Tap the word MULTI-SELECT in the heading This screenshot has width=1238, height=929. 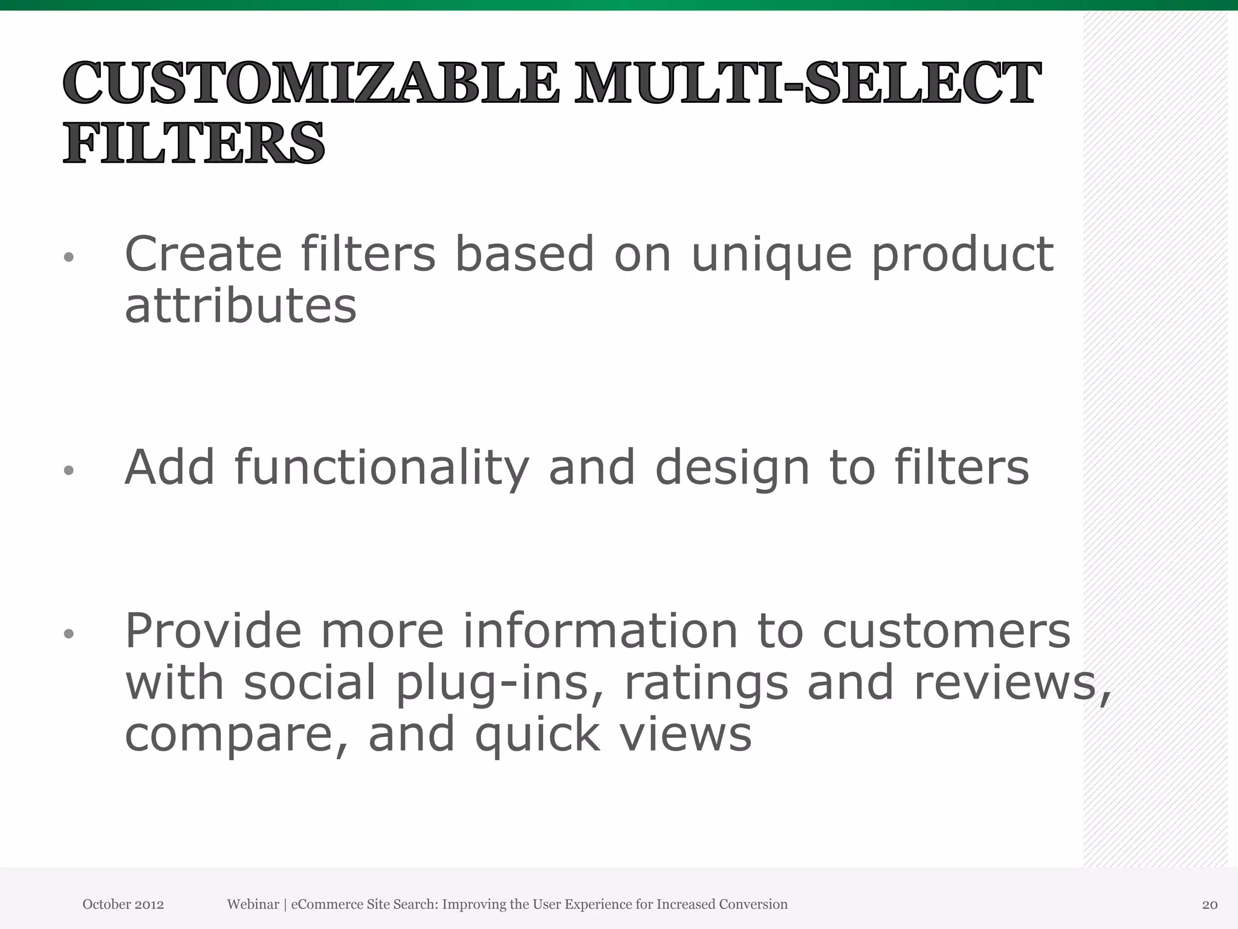click(808, 83)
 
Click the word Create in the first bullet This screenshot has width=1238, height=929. click(203, 254)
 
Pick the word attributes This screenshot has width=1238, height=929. click(241, 305)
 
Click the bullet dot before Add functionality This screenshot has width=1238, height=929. click(69, 471)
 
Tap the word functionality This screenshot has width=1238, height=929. click(381, 468)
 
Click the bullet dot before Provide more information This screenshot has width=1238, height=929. click(69, 634)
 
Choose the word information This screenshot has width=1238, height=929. click(600, 631)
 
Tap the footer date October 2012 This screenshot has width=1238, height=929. click(123, 904)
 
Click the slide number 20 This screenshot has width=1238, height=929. click(1210, 905)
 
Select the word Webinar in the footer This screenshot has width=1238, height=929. click(253, 904)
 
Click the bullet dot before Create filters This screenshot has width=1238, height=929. click(69, 258)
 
